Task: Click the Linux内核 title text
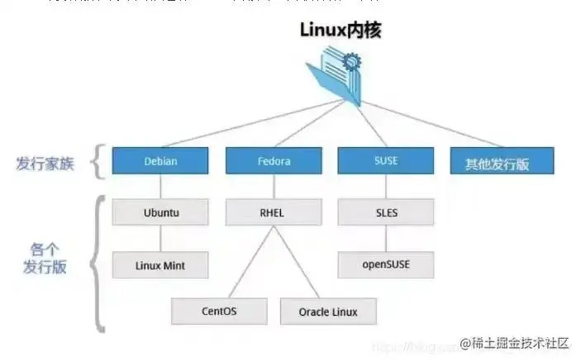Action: click(341, 30)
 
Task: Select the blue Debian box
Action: click(160, 161)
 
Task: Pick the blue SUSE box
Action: click(385, 161)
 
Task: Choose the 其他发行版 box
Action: click(502, 163)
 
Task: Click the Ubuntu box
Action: click(160, 212)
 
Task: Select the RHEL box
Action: click(272, 212)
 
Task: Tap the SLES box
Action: click(385, 212)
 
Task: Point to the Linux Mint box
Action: click(160, 265)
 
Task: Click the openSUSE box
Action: click(385, 264)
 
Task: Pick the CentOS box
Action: click(219, 312)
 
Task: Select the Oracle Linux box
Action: click(328, 312)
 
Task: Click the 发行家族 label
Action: click(45, 163)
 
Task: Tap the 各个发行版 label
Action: click(45, 258)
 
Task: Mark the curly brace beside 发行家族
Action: click(98, 162)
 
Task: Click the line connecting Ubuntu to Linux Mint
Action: click(160, 239)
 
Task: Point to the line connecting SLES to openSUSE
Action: click(385, 238)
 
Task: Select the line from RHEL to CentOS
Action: click(247, 260)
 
